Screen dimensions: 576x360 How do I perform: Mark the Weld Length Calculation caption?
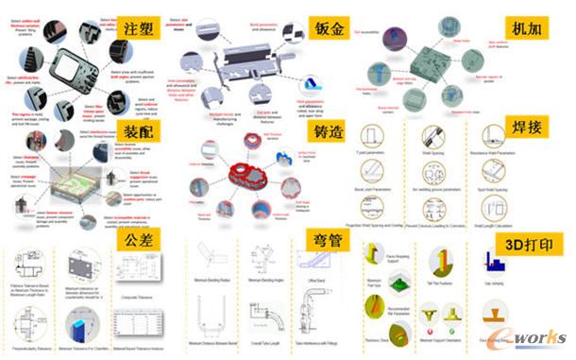click(504, 225)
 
